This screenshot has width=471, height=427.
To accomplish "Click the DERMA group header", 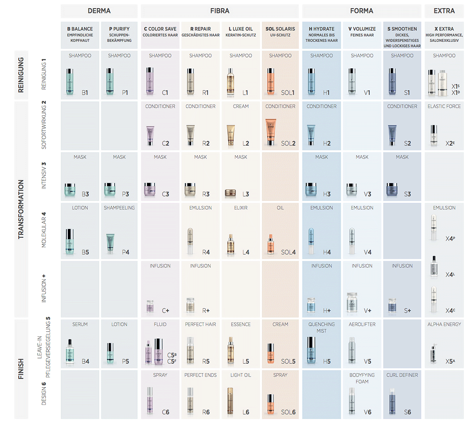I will [99, 11].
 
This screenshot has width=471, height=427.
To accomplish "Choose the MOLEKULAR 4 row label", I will [44, 230].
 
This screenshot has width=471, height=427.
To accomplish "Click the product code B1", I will [85, 92].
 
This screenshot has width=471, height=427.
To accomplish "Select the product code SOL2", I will [288, 143].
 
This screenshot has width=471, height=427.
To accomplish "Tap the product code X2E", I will [450, 143].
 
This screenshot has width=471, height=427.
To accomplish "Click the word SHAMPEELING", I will [119, 208].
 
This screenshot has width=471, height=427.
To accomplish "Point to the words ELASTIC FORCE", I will [444, 107].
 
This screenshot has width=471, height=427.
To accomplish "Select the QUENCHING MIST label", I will [322, 327].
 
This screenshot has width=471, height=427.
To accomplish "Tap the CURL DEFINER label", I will [402, 375].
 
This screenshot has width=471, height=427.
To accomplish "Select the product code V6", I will [367, 412].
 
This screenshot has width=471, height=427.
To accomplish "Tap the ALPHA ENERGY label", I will [444, 325].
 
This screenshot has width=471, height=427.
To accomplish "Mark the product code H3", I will [327, 194].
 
